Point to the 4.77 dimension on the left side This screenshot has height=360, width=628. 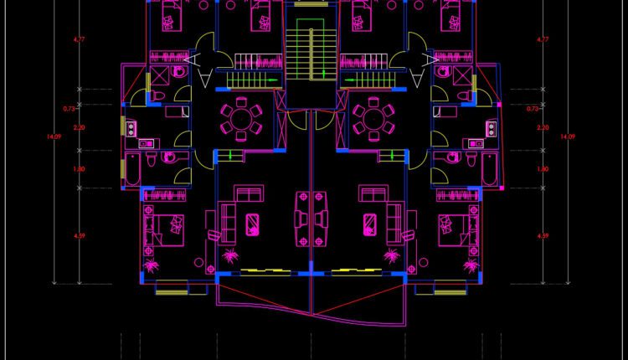(80, 39)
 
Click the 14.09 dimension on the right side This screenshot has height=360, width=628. (568, 136)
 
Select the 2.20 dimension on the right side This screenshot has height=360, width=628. (542, 128)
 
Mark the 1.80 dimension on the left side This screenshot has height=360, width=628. (80, 169)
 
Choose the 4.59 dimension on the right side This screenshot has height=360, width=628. (542, 236)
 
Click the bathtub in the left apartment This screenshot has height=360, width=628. (131, 171)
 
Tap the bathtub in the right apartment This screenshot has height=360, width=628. (490, 171)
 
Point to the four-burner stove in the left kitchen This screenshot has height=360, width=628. (132, 128)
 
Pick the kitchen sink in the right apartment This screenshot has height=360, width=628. (492, 129)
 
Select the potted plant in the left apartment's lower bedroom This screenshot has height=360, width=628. (152, 266)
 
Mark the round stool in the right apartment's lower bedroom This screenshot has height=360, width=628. (445, 221)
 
